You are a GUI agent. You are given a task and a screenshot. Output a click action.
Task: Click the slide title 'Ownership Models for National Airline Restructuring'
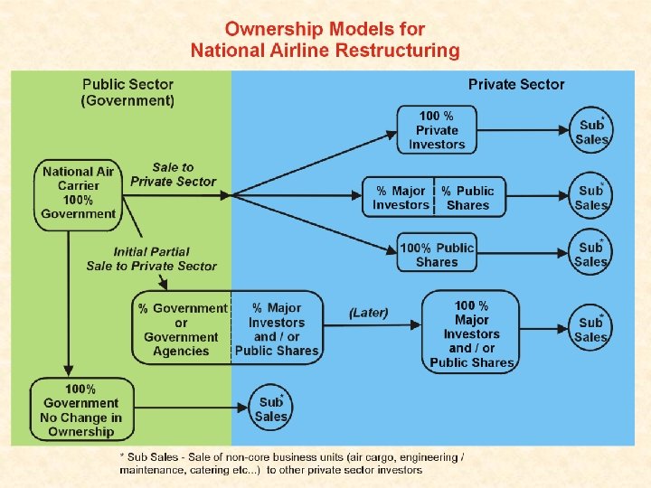point(325,41)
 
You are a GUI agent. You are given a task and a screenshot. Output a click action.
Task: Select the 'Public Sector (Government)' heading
point(127,92)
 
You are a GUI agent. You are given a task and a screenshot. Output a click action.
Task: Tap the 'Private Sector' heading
point(515,84)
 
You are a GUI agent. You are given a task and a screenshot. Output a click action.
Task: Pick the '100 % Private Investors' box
point(437,130)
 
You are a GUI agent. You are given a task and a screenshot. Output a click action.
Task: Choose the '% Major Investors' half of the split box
point(401,198)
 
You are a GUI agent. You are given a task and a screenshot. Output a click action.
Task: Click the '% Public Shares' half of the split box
point(468,198)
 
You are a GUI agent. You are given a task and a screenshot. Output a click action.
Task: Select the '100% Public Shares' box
point(437,254)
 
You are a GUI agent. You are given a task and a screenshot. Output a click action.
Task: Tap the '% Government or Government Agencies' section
point(182,329)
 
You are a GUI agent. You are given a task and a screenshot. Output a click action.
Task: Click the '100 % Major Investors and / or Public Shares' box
point(471,333)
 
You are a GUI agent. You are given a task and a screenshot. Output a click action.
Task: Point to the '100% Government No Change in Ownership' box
point(80,409)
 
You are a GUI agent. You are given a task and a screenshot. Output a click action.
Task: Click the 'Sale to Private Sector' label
point(173,174)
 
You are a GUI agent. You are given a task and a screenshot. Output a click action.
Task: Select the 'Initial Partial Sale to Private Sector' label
point(152,258)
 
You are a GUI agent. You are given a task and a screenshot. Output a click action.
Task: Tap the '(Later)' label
point(368,313)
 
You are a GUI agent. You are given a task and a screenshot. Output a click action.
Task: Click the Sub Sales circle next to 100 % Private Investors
point(591,132)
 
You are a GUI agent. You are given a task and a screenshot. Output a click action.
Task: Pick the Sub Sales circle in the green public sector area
point(271,409)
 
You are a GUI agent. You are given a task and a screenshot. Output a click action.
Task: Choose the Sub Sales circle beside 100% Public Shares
point(591,254)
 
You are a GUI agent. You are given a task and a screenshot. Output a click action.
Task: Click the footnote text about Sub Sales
point(292,464)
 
